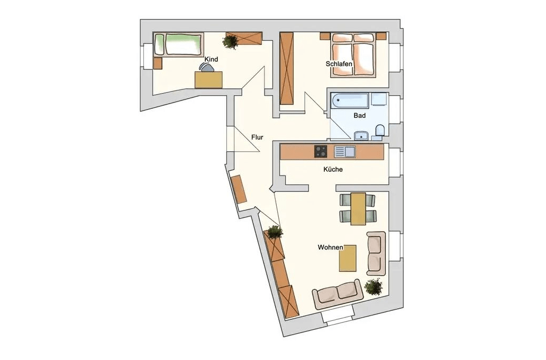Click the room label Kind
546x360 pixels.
point(211,59)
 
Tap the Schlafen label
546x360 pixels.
point(339,64)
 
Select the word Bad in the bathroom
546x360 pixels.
point(359,115)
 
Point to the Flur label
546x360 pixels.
point(257,137)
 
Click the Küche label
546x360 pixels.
point(333,169)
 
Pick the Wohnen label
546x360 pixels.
point(330,247)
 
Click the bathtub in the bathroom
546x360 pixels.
point(350,101)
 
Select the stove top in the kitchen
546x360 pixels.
point(321,151)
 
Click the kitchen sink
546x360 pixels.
point(345,152)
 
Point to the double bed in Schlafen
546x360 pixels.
point(353,54)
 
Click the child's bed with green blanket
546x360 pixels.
point(178,44)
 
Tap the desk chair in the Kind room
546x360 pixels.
point(207,67)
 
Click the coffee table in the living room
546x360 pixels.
point(348,258)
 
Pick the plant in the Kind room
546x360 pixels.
point(230,42)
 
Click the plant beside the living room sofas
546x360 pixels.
point(373,287)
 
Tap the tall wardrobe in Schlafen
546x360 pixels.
point(287,68)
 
